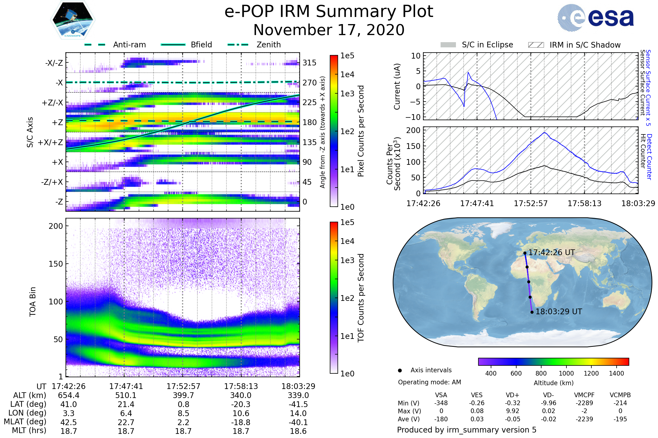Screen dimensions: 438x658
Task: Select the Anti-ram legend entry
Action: click(129, 45)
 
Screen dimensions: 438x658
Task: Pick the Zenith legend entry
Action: click(268, 45)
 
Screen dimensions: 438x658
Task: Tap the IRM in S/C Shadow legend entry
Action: click(585, 45)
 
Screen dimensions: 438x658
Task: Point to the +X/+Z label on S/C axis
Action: click(50, 142)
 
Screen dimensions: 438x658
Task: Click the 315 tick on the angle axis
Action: click(309, 63)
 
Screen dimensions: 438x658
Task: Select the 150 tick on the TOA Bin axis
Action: click(56, 264)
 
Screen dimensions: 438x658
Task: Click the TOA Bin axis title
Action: click(33, 301)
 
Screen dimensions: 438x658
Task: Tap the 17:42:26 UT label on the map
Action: click(551, 252)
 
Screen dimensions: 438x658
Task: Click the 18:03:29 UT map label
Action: click(558, 312)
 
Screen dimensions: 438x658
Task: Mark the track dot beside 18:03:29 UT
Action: click(532, 312)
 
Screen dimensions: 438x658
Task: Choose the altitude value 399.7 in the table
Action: click(183, 396)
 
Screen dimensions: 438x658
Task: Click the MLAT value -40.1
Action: click(298, 422)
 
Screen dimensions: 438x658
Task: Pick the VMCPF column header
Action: click(584, 395)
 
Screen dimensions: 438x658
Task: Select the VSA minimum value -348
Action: click(441, 403)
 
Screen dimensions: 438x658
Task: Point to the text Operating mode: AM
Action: click(429, 382)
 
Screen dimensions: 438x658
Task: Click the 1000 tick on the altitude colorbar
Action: click(566, 373)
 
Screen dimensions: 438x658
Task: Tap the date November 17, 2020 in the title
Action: click(329, 30)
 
